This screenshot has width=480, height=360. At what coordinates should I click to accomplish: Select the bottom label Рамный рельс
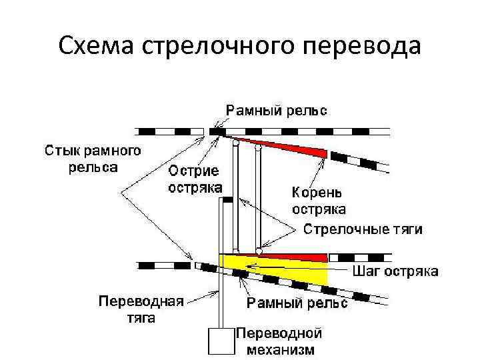coord(297,304)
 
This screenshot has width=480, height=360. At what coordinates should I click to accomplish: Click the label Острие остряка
coord(195,178)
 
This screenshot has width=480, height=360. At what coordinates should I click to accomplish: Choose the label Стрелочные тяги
coord(363,230)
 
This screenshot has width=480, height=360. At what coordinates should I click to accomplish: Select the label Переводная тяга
coord(141,308)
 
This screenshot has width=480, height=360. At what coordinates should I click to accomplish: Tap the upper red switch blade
coord(293,147)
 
